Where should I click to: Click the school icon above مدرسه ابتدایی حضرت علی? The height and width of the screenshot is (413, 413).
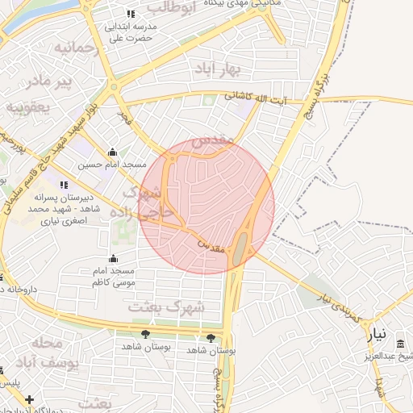pyautogui.click(x=131, y=15)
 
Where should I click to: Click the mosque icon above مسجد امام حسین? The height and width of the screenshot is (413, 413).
pyautogui.click(x=112, y=152)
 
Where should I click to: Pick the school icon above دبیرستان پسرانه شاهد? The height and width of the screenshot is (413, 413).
pyautogui.click(x=64, y=185)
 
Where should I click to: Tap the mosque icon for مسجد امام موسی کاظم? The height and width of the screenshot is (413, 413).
pyautogui.click(x=112, y=259)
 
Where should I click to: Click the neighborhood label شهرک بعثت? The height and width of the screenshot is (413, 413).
pyautogui.click(x=178, y=307)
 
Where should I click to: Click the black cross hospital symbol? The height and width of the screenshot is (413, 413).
pyautogui.click(x=30, y=399)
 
